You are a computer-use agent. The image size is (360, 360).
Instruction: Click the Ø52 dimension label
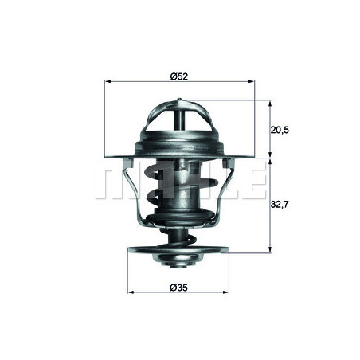click(178, 76)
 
